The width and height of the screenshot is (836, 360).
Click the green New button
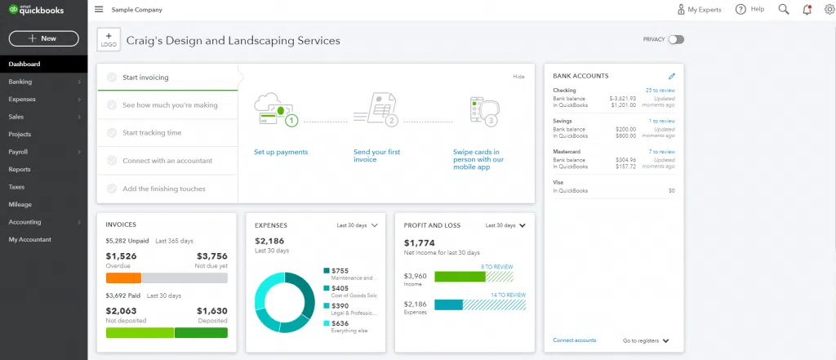[x=43, y=38]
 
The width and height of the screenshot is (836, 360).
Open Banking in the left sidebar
[x=20, y=82]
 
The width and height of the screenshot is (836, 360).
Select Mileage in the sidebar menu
[x=20, y=204]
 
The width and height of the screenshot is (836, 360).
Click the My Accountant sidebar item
[x=29, y=239]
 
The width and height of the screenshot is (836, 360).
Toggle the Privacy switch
[x=675, y=39]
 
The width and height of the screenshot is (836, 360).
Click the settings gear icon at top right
[x=829, y=9]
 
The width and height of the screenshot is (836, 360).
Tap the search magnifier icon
[x=784, y=9]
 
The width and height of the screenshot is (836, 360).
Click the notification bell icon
[x=807, y=9]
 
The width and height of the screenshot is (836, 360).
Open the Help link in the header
[x=749, y=9]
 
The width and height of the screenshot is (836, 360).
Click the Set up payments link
[x=281, y=152]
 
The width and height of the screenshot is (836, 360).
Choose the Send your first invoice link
[x=376, y=155]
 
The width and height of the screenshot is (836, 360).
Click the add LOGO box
[x=109, y=39]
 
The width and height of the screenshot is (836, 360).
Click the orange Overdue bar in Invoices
[x=124, y=278]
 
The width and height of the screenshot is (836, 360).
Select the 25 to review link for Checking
[x=660, y=90]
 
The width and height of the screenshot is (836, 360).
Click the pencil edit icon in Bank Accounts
[x=672, y=76]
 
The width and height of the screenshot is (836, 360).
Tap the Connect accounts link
[x=574, y=340]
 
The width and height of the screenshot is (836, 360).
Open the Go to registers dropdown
[x=646, y=340]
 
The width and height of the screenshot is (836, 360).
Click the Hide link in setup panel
[x=518, y=77]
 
